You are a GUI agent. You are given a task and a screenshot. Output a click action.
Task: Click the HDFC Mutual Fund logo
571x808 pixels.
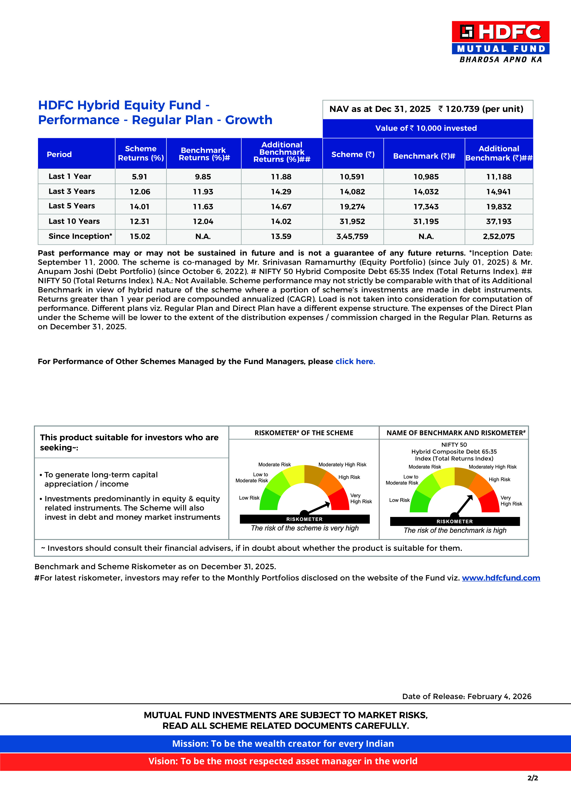pyautogui.click(x=500, y=41)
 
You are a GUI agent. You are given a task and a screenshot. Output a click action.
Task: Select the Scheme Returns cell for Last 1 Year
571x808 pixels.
pyautogui.click(x=140, y=177)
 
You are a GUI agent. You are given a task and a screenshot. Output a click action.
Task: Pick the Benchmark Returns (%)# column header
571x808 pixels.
pyautogui.click(x=203, y=154)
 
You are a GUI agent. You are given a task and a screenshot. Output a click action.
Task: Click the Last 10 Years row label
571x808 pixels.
pyautogui.click(x=74, y=221)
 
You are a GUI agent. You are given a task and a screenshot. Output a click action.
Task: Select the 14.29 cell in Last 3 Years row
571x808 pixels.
pyautogui.click(x=281, y=192)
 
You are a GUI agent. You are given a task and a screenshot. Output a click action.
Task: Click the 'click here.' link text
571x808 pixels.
pyautogui.click(x=355, y=362)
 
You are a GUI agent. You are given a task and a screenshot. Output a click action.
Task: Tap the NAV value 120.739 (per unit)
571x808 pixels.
pyautogui.click(x=484, y=109)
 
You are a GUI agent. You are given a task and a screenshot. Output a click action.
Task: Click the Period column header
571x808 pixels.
pyautogui.click(x=59, y=155)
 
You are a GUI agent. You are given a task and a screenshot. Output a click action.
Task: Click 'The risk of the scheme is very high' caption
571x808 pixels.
pyautogui.click(x=305, y=528)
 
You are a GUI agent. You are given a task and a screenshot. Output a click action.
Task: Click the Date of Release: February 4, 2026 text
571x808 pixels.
pyautogui.click(x=466, y=697)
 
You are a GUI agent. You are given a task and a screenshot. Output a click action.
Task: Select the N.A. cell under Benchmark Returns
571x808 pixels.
pyautogui.click(x=203, y=236)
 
